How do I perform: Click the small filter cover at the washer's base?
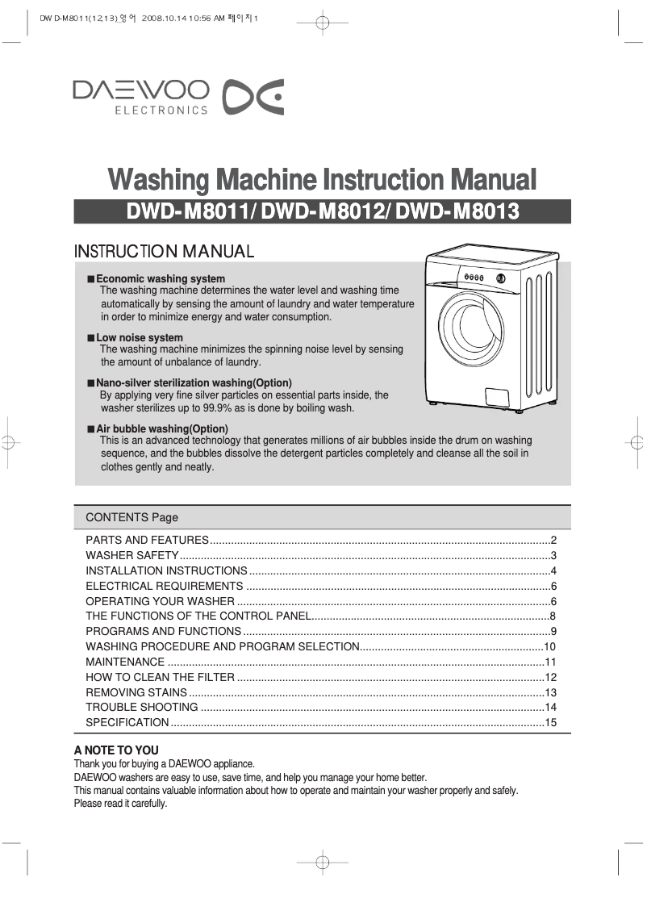[497, 396]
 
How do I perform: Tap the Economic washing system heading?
[161, 279]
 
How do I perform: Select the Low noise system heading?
[140, 337]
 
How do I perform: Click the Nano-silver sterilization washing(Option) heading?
[194, 382]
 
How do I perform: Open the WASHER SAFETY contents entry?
[131, 556]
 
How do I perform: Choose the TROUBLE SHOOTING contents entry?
[142, 708]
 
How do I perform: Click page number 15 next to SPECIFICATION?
[551, 722]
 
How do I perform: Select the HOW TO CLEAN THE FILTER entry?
[160, 677]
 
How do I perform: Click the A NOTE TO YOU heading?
[116, 750]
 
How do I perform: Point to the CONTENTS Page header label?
[131, 517]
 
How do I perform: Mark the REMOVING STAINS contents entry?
[136, 692]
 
